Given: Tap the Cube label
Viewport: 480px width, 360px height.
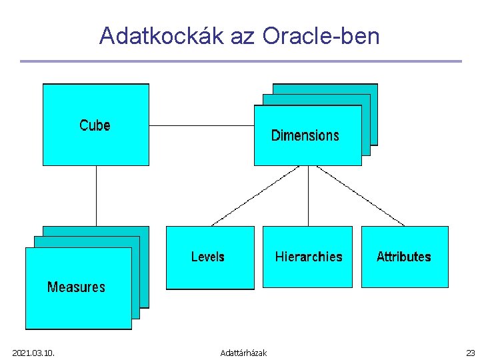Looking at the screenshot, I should [x=95, y=125].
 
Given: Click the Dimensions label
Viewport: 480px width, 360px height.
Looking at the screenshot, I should [x=305, y=135].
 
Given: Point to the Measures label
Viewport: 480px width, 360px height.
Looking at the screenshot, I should [x=76, y=287].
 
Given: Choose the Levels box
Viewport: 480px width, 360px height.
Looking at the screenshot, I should [x=209, y=257].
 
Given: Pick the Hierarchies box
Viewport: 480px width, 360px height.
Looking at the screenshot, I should [x=307, y=257].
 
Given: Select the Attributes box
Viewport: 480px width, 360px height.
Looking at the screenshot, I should [x=404, y=257].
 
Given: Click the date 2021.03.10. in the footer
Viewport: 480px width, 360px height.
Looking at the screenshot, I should [x=33, y=353].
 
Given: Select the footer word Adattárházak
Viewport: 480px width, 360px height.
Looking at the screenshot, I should [x=243, y=353].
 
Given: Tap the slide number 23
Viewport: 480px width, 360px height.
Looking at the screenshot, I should [x=471, y=353].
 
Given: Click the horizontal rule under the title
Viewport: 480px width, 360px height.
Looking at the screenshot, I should [x=240, y=61].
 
